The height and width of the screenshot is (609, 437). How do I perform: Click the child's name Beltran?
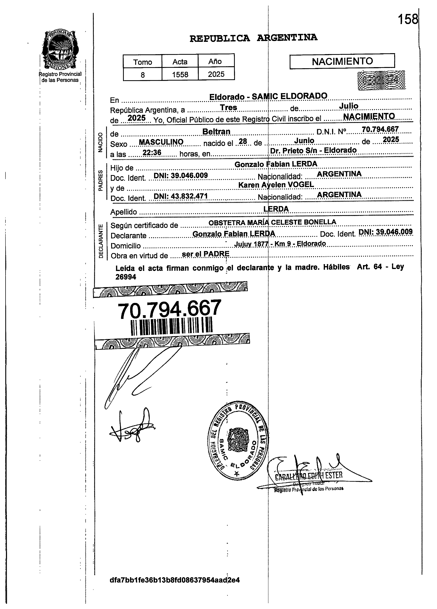(216, 132)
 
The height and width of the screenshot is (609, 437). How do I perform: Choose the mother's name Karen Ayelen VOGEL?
(276, 184)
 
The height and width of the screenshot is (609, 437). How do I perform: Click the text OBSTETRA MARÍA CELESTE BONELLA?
(272, 222)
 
